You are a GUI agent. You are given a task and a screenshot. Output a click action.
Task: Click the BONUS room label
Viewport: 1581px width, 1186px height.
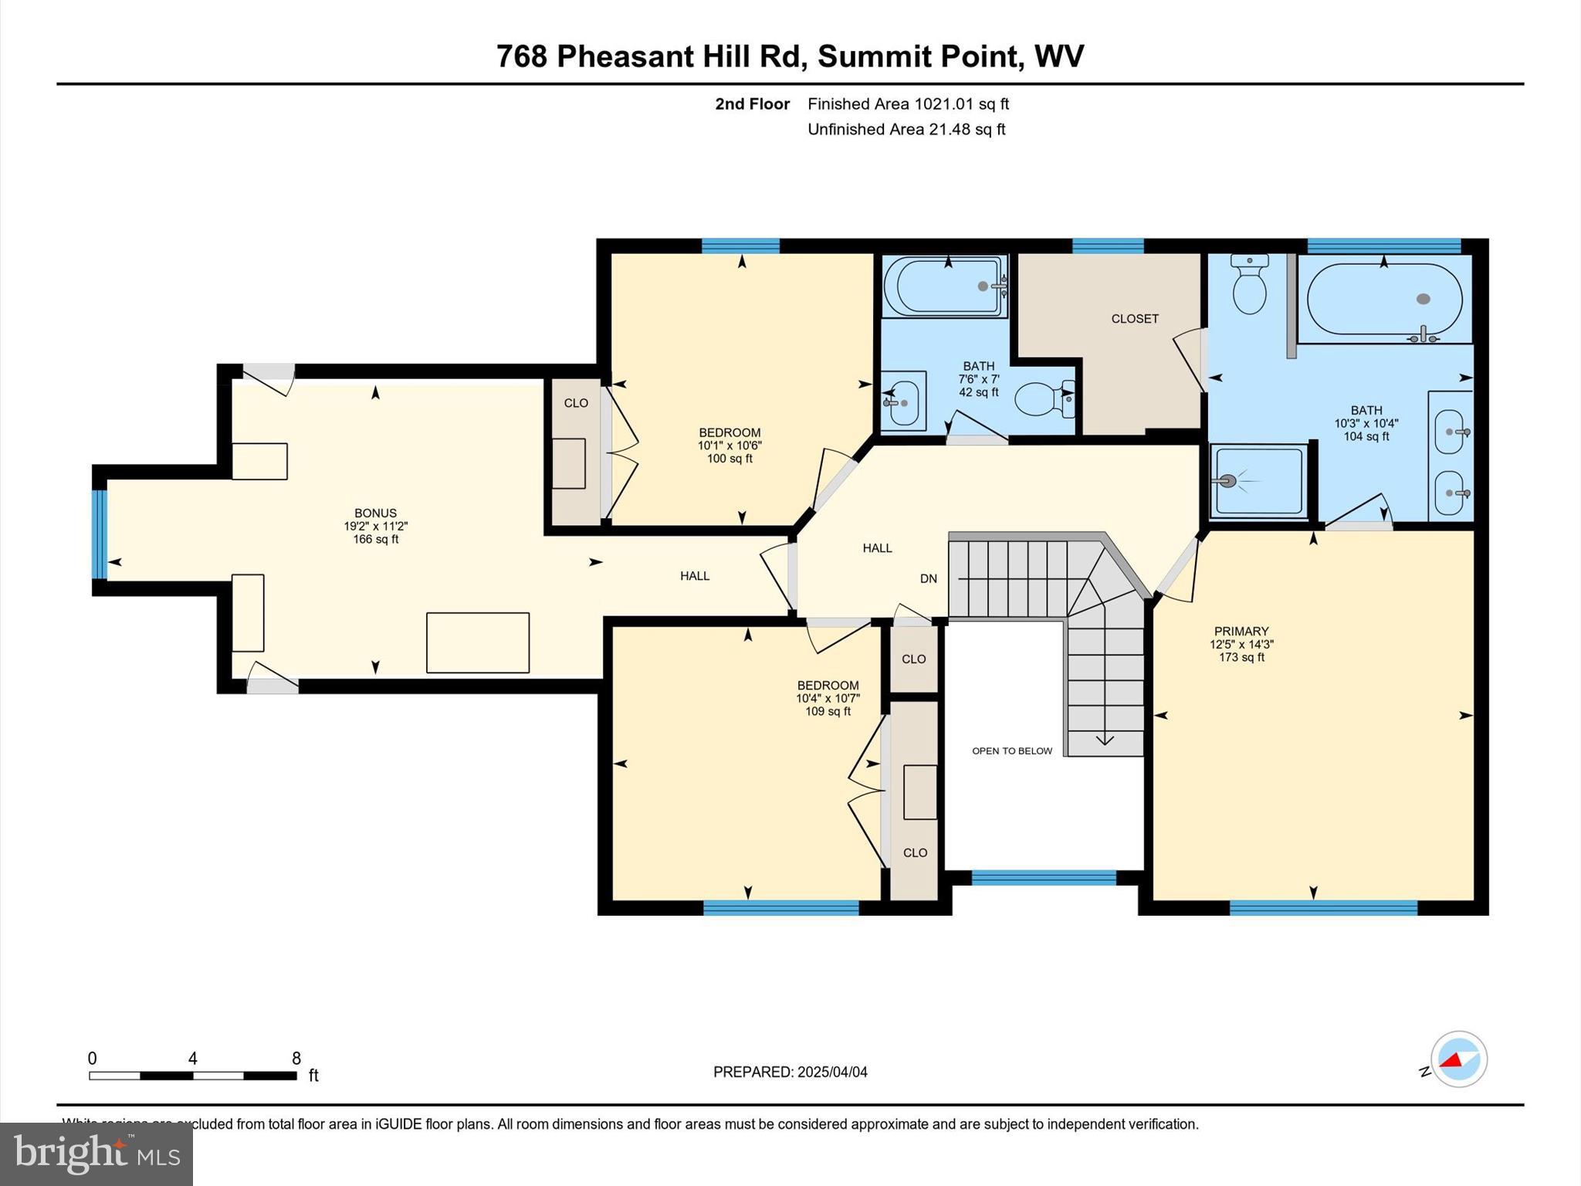375,513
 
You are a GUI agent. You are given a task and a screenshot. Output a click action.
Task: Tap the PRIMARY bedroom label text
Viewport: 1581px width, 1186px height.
1241,631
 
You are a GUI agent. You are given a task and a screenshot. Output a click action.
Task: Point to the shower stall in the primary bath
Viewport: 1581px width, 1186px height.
1258,480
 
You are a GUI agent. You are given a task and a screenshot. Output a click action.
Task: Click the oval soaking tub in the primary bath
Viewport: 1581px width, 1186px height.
1383,300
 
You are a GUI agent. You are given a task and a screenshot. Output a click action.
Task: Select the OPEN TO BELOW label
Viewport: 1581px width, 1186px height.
1011,751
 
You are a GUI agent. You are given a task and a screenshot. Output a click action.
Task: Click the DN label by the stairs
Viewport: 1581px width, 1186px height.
928,578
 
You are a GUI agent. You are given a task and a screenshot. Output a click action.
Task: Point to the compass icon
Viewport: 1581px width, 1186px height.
1458,1059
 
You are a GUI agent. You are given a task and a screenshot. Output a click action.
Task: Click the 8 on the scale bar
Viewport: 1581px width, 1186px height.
296,1059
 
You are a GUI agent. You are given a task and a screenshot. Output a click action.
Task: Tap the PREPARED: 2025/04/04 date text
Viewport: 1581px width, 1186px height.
790,1072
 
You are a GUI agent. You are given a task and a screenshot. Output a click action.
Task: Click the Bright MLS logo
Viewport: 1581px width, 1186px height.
96,1154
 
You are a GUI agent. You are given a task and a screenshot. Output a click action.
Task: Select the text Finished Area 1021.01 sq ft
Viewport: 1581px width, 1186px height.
908,103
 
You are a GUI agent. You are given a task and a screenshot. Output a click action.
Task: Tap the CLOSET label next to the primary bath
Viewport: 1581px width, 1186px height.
1134,318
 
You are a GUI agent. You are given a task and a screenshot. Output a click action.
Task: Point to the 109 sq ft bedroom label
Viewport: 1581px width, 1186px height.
828,698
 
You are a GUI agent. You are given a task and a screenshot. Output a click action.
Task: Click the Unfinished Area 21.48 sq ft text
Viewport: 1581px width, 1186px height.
906,129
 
